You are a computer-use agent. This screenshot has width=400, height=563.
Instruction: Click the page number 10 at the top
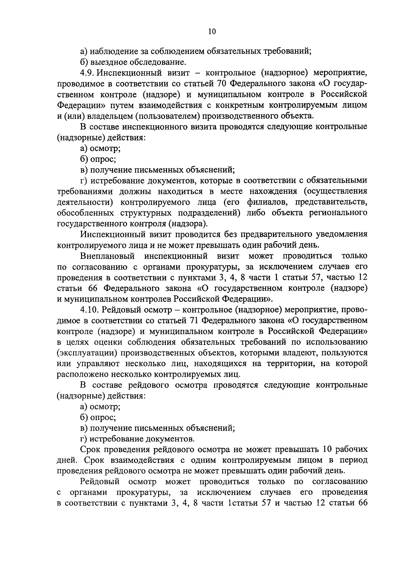pyautogui.click(x=212, y=32)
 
